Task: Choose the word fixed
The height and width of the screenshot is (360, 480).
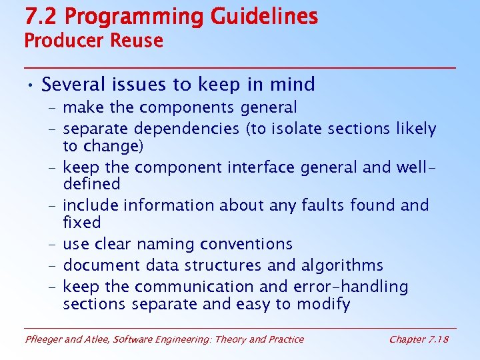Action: (x=82, y=222)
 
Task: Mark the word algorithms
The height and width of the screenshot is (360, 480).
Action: (x=341, y=266)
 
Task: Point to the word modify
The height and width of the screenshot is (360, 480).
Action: (x=325, y=305)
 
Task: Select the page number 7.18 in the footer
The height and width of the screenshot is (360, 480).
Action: (x=437, y=339)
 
